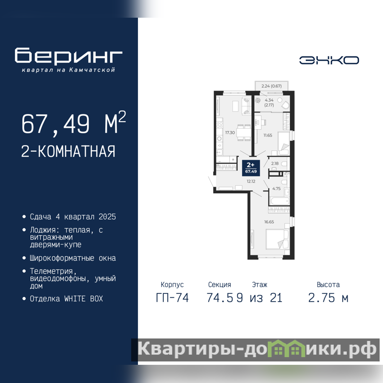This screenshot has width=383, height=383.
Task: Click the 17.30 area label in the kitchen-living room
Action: click(x=230, y=133)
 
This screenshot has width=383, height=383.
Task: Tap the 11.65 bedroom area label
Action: click(x=268, y=135)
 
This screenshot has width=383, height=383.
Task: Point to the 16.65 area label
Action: click(x=269, y=222)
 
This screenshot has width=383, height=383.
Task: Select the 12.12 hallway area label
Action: click(x=251, y=181)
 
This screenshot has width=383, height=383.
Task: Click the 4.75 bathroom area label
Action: click(x=276, y=189)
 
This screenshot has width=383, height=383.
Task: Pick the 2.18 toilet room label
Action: click(x=275, y=163)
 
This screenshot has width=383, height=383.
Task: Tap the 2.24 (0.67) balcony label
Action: click(x=271, y=86)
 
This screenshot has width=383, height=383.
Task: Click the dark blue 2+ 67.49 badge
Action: click(x=251, y=168)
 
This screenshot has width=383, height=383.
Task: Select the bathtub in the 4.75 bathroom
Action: click(x=280, y=201)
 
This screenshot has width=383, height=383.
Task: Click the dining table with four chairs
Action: click(x=244, y=133)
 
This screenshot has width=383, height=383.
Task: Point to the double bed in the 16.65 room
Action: click(x=278, y=239)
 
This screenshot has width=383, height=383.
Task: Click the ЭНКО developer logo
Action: click(x=329, y=60)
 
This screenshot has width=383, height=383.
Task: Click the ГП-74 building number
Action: click(x=172, y=298)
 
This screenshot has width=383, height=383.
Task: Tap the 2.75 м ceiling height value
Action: click(x=328, y=298)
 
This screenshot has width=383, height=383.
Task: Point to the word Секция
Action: click(x=220, y=284)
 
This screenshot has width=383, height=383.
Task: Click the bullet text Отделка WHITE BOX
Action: click(x=66, y=299)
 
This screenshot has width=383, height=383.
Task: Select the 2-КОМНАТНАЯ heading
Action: click(x=68, y=151)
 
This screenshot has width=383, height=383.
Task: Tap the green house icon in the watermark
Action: click(x=286, y=348)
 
